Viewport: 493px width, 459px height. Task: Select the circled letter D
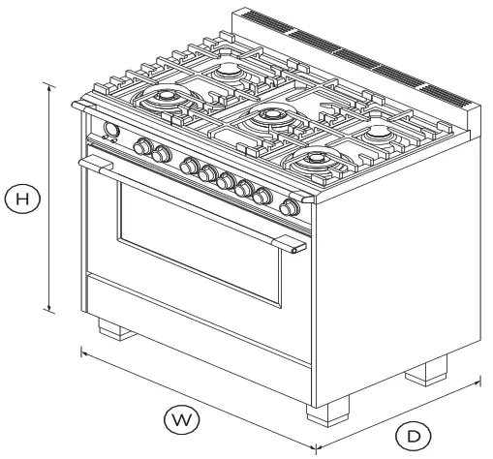[414, 435]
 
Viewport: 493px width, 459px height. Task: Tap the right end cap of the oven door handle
[294, 250]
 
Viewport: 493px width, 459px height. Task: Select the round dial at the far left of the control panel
[109, 132]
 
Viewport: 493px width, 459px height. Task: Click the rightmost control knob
[288, 207]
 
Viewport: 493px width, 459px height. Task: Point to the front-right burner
[316, 160]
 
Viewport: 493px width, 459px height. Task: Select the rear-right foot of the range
[427, 369]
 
